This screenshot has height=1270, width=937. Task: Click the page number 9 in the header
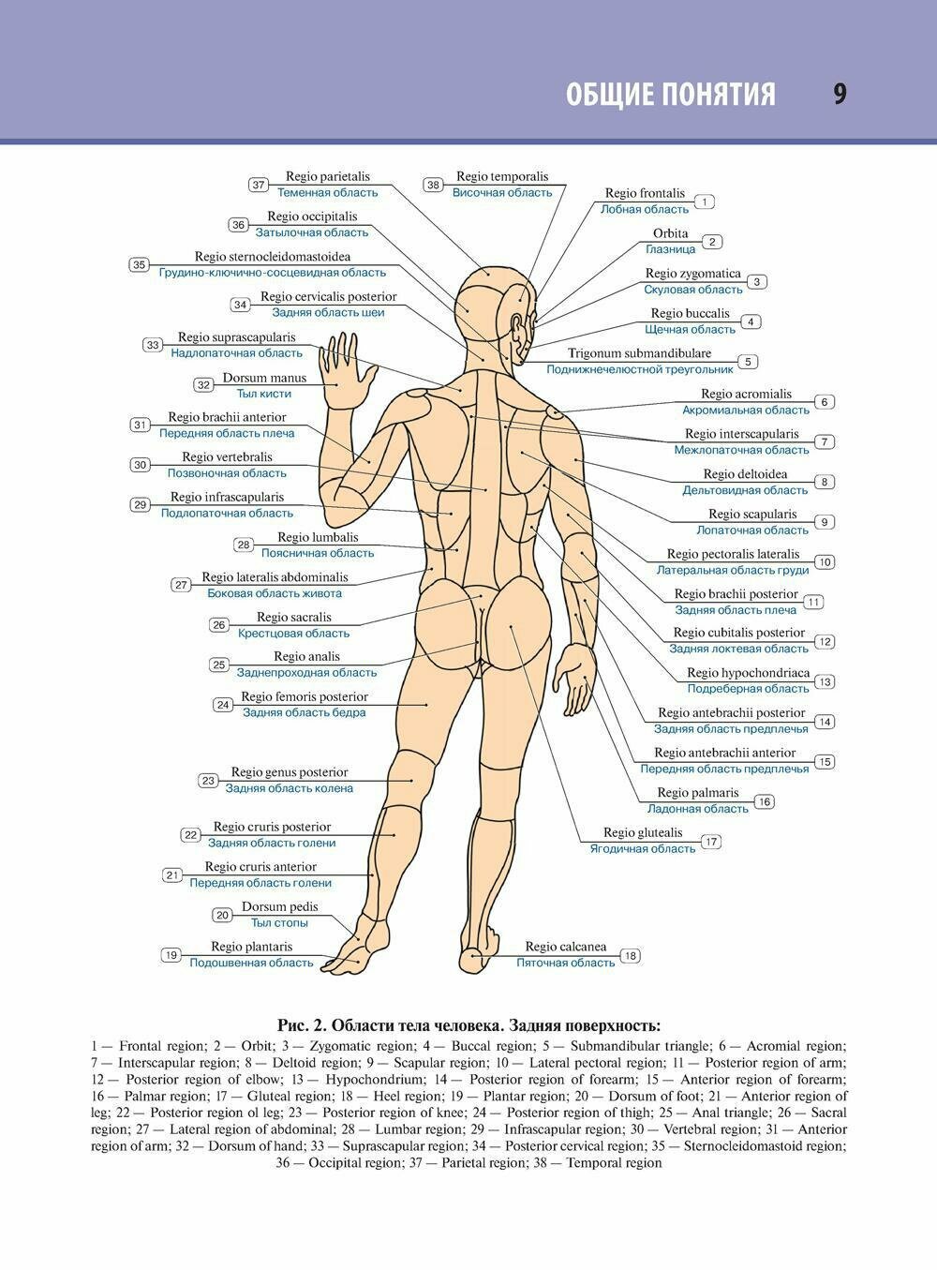click(840, 95)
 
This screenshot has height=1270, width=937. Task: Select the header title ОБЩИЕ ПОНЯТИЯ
click(671, 95)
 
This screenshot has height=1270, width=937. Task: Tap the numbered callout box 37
click(259, 185)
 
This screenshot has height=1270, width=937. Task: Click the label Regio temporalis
click(502, 176)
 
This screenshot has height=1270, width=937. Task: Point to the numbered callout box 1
click(705, 202)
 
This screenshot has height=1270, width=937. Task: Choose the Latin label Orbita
click(671, 233)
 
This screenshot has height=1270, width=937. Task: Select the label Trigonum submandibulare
click(639, 353)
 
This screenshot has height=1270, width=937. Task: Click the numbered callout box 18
click(631, 956)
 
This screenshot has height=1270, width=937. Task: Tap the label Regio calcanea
click(565, 948)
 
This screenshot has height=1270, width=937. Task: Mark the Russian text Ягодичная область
click(643, 849)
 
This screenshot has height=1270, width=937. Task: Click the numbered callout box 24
click(223, 705)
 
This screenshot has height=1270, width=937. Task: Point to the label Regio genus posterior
click(290, 772)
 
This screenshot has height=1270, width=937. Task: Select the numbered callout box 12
click(825, 642)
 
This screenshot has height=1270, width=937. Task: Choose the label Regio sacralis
click(294, 618)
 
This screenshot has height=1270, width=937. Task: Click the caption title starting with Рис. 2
click(468, 1025)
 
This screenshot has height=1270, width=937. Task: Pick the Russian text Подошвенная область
click(251, 964)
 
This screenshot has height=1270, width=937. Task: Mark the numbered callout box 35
click(139, 264)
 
